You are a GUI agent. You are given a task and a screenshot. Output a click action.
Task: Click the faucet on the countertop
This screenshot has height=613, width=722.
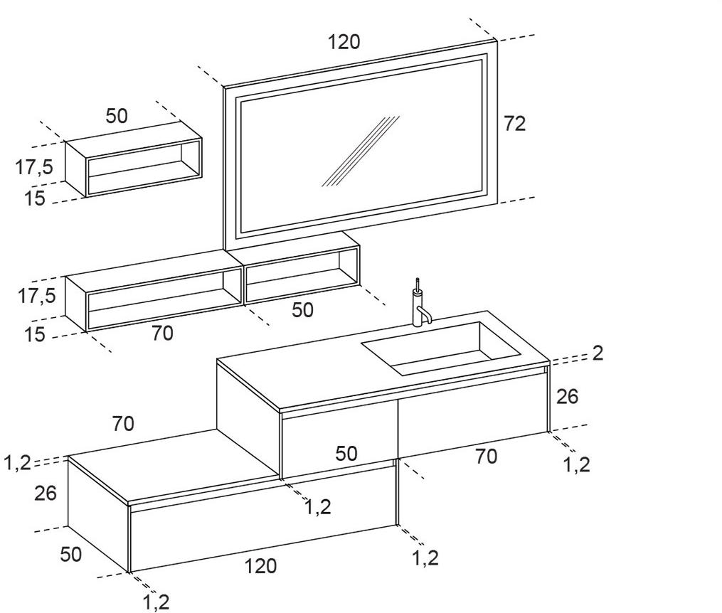click(x=419, y=304)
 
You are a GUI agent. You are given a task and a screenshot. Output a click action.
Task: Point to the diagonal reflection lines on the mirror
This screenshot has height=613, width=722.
click(x=360, y=151)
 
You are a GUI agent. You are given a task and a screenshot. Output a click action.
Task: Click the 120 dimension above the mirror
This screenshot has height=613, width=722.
click(x=344, y=42)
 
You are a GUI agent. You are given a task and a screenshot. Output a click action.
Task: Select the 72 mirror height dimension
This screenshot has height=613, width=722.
click(x=514, y=123)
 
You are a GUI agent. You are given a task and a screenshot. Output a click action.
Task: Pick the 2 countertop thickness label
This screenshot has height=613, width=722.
click(x=597, y=353)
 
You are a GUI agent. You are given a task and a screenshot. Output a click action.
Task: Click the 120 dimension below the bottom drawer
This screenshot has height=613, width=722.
click(x=260, y=567)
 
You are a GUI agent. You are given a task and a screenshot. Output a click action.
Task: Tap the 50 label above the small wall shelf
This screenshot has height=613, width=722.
click(x=117, y=115)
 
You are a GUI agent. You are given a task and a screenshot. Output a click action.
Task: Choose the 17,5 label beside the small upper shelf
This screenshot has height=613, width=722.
click(x=34, y=167)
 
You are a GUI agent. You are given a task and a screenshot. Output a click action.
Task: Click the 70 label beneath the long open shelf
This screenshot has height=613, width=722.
click(x=162, y=333)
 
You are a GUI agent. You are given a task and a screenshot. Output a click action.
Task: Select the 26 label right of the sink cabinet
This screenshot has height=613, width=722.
click(x=567, y=396)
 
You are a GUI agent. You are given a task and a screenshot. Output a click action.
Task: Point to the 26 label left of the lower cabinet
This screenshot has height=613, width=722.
click(x=45, y=493)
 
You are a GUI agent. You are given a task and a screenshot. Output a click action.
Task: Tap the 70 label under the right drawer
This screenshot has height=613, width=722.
click(x=486, y=457)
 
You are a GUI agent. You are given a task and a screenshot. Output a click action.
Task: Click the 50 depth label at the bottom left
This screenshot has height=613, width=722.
click(x=70, y=554)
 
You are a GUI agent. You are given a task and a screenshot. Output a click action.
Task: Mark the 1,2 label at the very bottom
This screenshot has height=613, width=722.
click(x=156, y=602)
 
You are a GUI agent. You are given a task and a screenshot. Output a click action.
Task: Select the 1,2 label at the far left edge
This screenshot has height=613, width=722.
click(x=16, y=463)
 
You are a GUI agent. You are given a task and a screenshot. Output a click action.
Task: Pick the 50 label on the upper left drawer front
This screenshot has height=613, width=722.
click(x=346, y=453)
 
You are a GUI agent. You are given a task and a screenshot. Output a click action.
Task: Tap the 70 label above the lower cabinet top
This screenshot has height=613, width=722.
click(x=122, y=424)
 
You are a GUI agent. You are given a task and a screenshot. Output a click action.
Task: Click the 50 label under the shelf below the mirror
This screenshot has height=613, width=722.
click(x=302, y=310)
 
